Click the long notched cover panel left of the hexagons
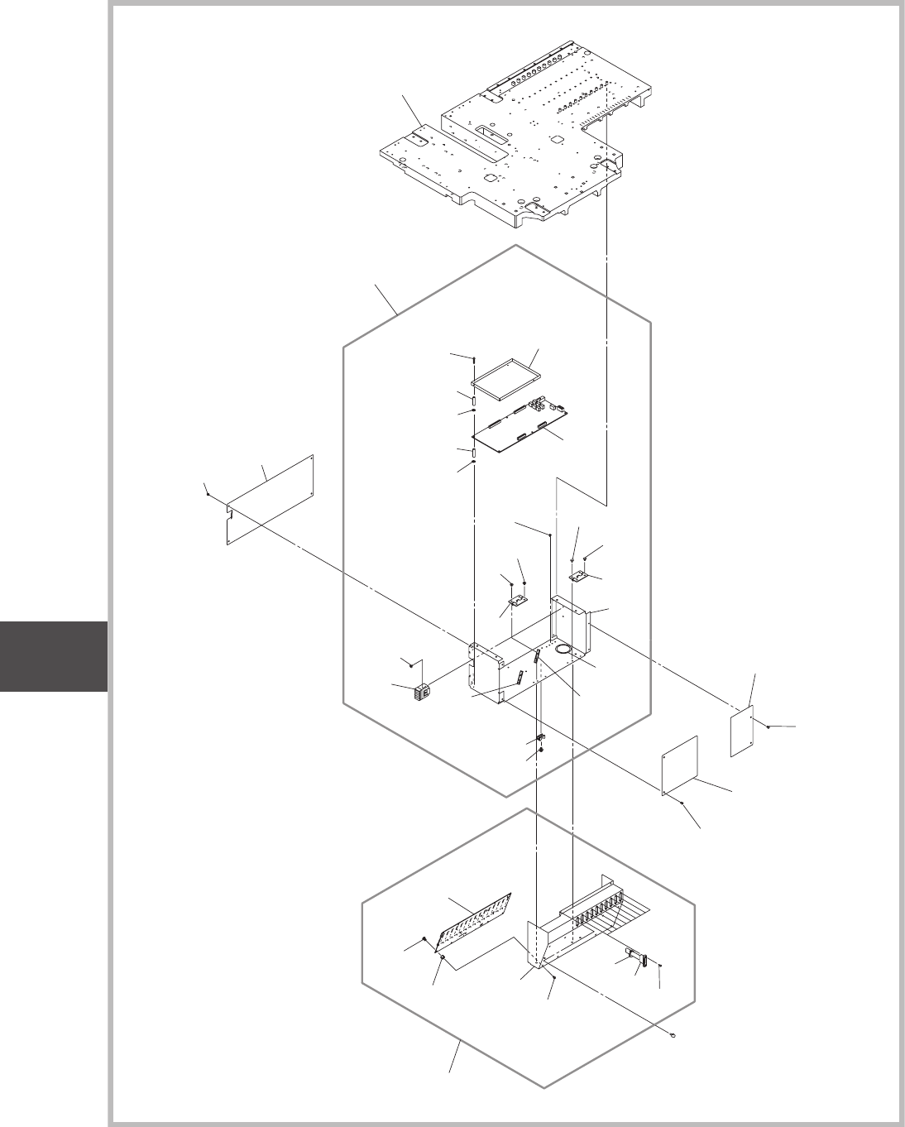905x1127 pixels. point(269,501)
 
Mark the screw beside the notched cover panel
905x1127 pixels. point(208,494)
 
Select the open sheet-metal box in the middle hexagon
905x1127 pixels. point(529,654)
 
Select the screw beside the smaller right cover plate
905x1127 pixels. point(769,727)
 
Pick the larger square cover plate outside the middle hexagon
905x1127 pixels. point(681,766)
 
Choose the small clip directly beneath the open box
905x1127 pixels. point(540,738)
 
